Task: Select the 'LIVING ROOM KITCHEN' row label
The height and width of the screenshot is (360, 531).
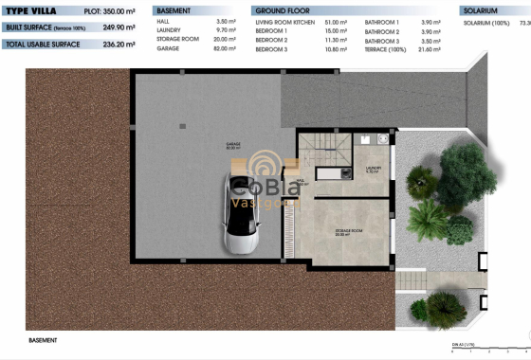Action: pos(289,20)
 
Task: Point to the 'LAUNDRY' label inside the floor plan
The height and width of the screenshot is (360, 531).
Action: pos(373,169)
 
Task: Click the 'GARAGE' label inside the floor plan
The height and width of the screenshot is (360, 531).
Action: pos(233,146)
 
